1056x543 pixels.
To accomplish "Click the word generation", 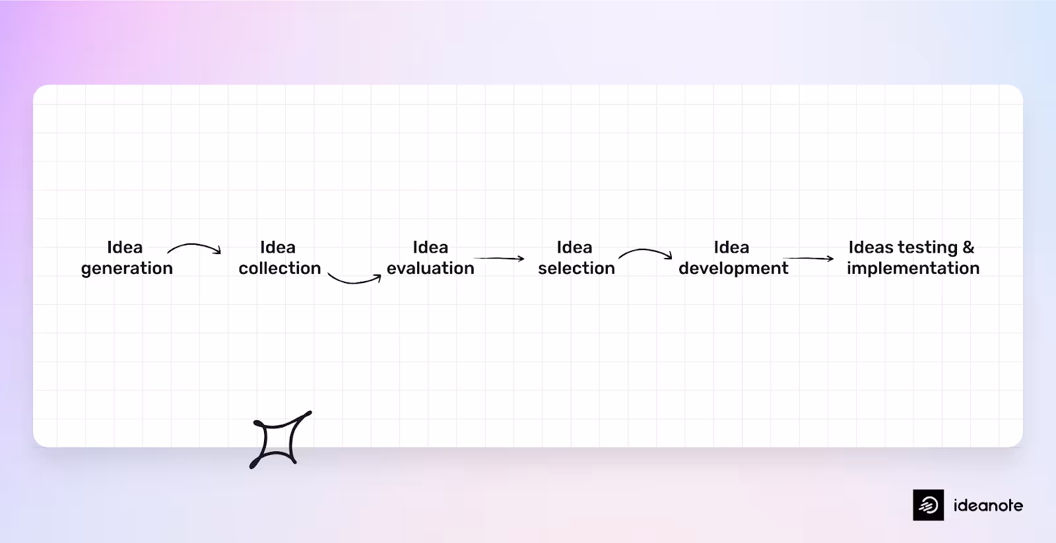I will pos(127,269).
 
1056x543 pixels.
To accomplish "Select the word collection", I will pos(280,269).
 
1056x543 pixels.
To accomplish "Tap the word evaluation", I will pos(430,269).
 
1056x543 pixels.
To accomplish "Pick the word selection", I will pos(576,269).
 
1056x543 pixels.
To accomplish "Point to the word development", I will pos(733,269).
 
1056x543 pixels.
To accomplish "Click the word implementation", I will pos(913,269).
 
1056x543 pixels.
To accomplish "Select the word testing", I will pos(923,248).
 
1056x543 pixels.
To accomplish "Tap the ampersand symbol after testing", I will pos(968,247).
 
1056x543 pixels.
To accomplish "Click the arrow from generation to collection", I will pos(194,247).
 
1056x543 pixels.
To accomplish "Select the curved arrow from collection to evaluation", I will pos(354,279).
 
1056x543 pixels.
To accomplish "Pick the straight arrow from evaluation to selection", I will pos(499,258).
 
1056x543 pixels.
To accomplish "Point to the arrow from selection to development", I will pos(645,253).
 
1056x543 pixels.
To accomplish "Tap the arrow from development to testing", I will pos(808,259).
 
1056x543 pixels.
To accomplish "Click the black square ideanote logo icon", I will pos(928,505).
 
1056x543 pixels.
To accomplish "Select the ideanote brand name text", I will pos(988,506).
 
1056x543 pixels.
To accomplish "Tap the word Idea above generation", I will pos(125,247).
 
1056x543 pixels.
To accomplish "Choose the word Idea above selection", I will pos(574,247).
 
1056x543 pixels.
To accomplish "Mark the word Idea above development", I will pos(731,247).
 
